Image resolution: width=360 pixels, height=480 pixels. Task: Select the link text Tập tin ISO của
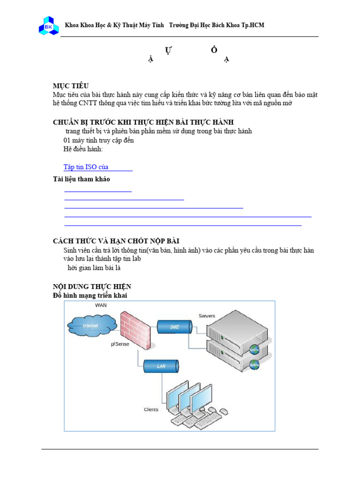86,167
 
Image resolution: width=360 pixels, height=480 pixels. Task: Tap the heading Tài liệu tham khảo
81,180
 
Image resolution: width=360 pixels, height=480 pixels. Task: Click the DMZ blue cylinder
174,327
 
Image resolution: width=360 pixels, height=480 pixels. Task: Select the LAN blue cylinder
161,366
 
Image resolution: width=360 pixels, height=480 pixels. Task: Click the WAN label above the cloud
101,305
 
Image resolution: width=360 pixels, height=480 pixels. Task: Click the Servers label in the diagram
207,316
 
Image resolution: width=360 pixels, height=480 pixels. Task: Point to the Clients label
151,409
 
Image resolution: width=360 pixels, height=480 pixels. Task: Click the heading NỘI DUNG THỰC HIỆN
92,286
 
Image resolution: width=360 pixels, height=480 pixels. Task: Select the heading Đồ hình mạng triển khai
90,295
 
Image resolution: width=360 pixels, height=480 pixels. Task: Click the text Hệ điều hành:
83,149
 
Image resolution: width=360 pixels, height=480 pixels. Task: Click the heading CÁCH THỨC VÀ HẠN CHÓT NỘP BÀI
116,241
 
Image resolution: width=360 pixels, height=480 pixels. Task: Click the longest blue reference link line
187,217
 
